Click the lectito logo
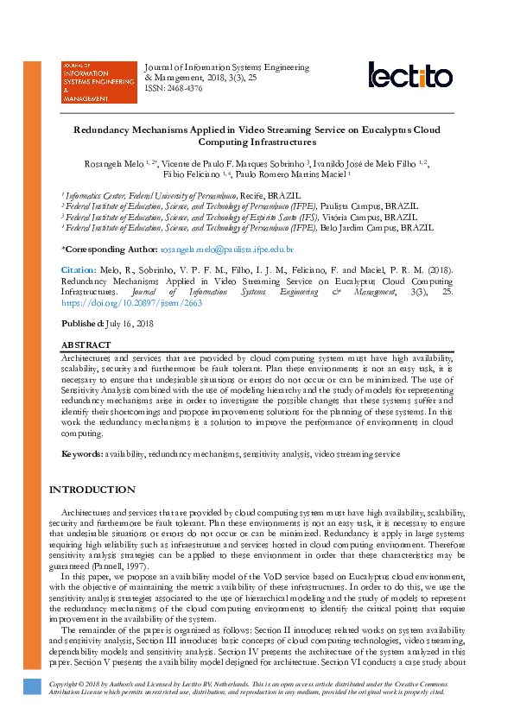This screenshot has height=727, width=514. (x=410, y=75)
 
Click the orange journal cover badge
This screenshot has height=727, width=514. (x=98, y=82)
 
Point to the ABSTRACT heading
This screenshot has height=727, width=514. (x=86, y=344)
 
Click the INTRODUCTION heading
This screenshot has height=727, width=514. (x=92, y=490)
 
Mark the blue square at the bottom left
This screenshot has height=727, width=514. (x=33, y=686)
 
